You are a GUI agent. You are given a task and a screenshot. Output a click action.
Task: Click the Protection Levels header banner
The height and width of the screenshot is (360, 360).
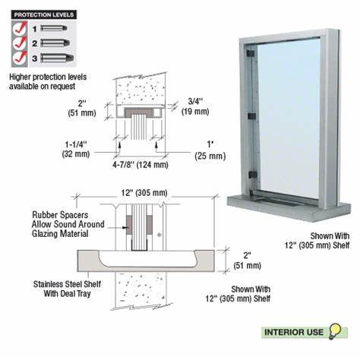(40, 13)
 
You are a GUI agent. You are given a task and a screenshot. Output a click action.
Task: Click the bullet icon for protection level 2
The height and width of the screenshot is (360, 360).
(52, 42)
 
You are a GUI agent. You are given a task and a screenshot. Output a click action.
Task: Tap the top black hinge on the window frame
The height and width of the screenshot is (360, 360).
(249, 55)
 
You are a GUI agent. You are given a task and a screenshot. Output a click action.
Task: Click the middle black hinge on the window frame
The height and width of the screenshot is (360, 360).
(249, 116)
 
